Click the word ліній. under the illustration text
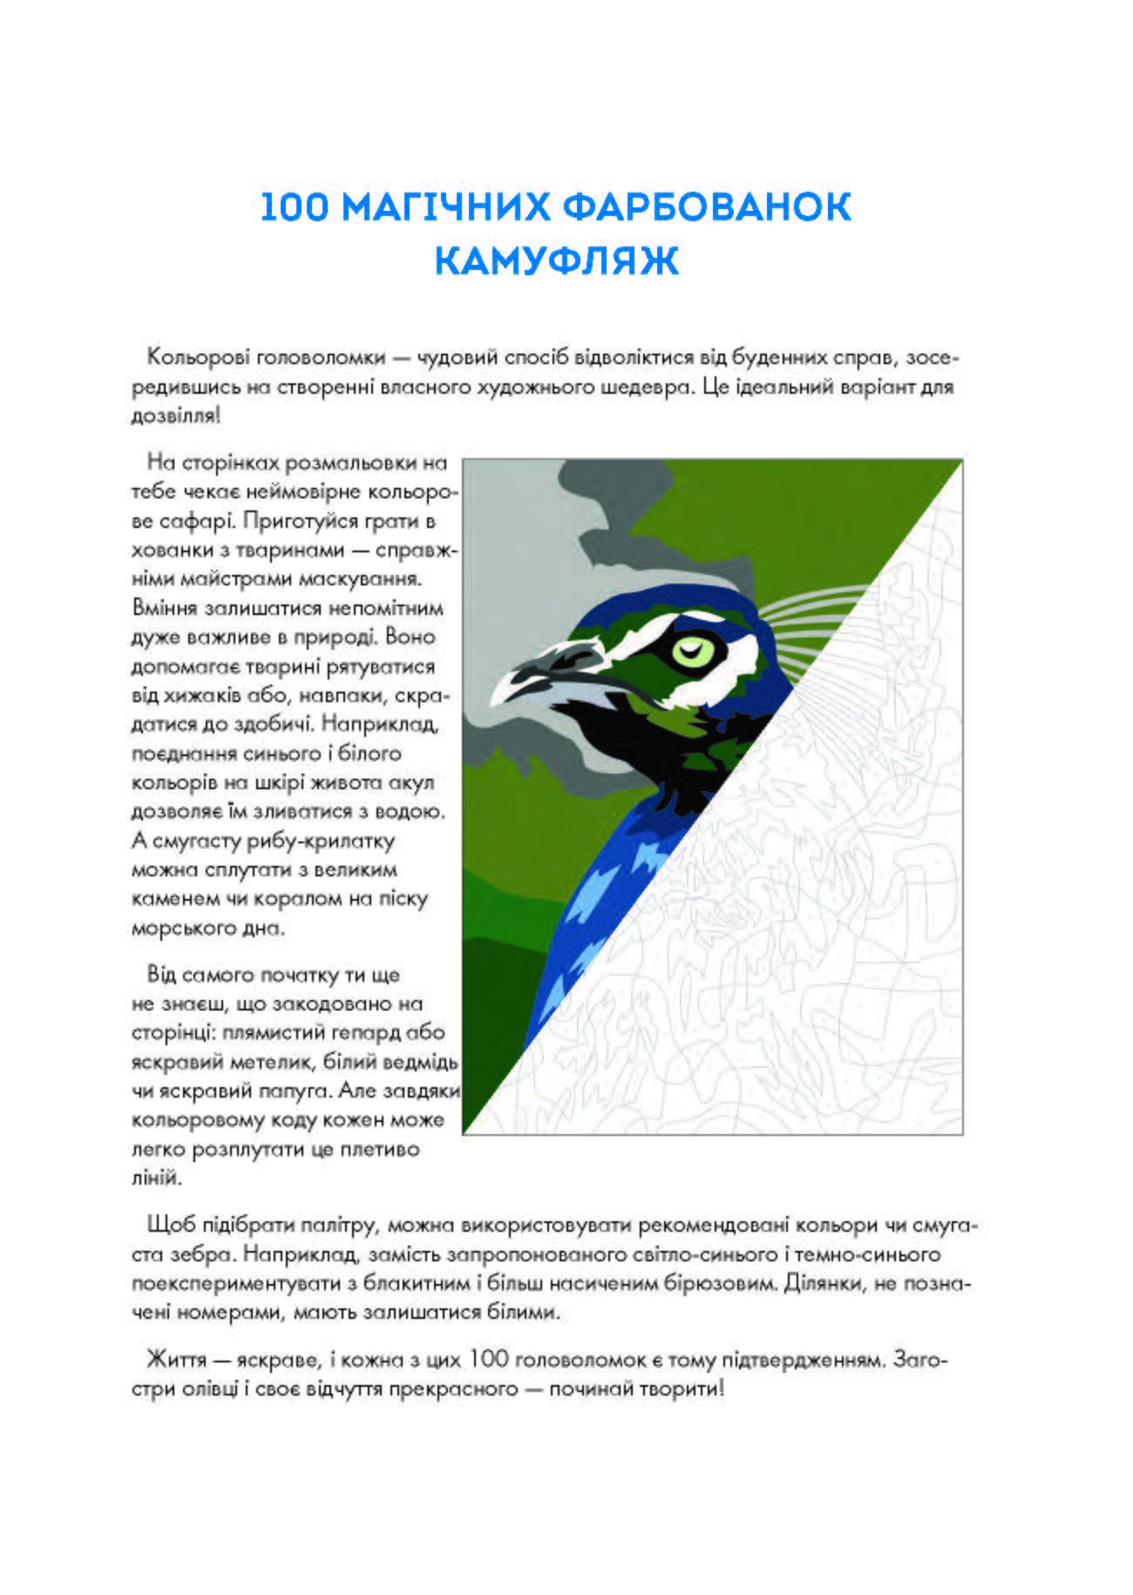coord(157,1179)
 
